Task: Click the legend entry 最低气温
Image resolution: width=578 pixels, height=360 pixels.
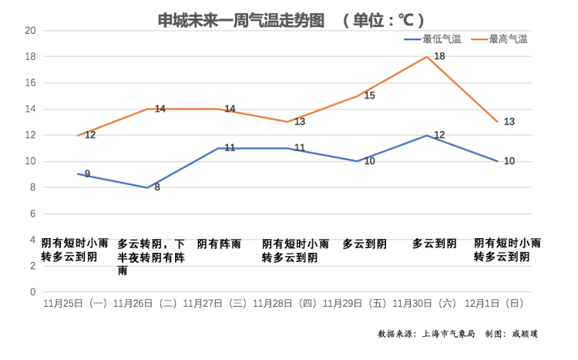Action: click(442, 39)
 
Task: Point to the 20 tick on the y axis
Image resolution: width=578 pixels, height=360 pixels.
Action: click(31, 31)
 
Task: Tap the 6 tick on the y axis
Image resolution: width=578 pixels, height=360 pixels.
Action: click(33, 214)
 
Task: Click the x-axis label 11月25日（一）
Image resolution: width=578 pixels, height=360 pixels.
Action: click(75, 304)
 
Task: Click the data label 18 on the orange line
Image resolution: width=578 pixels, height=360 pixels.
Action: click(439, 56)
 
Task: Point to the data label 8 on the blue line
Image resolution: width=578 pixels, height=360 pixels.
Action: click(157, 187)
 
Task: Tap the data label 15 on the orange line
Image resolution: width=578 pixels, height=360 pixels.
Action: click(369, 96)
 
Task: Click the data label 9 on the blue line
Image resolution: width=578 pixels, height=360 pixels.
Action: click(87, 174)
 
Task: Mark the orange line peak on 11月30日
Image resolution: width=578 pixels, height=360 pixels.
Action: click(426, 56)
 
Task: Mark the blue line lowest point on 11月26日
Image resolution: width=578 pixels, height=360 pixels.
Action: click(146, 187)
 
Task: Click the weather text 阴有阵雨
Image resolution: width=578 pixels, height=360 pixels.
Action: click(219, 244)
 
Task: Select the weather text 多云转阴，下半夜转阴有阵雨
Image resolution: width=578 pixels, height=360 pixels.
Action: click(151, 257)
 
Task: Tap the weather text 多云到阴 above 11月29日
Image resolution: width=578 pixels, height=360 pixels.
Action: click(365, 244)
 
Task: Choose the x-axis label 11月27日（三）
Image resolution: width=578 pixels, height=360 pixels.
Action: click(215, 304)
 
